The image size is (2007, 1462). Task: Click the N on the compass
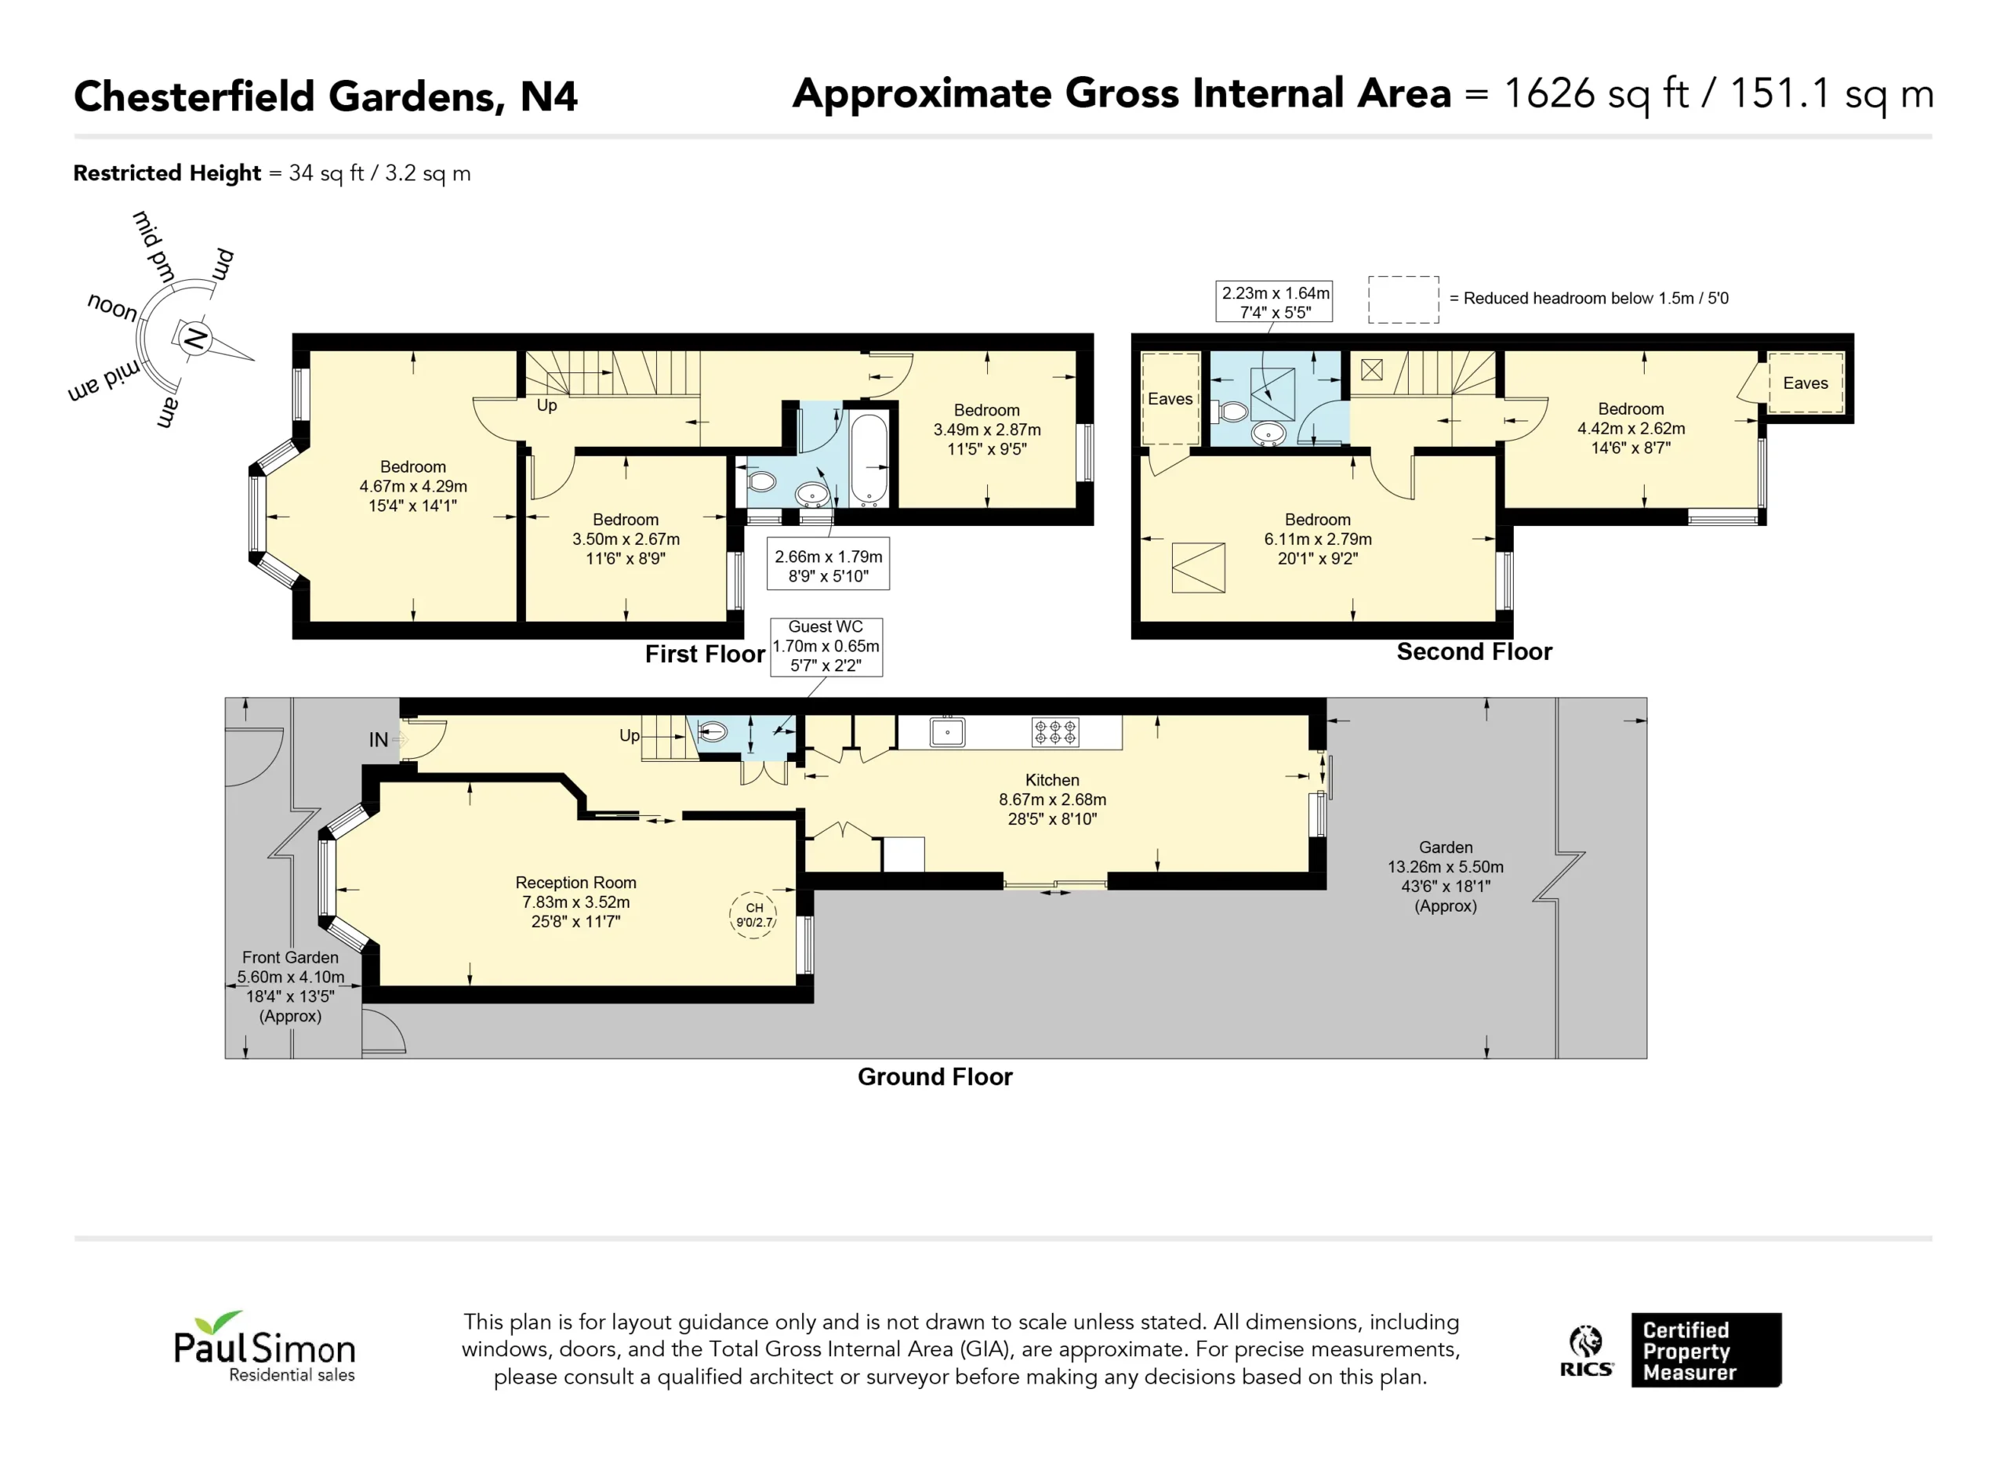point(194,338)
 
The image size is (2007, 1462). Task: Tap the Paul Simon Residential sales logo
point(264,1347)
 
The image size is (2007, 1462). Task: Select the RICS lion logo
point(1586,1351)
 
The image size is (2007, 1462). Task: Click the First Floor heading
point(704,654)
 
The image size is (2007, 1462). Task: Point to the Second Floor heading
point(1474,651)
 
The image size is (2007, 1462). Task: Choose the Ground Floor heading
point(935,1076)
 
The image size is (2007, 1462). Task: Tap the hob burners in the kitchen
point(1056,732)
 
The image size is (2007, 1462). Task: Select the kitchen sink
point(947,733)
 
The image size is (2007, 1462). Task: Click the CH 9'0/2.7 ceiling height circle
point(753,915)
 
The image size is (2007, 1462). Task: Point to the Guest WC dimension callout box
point(826,647)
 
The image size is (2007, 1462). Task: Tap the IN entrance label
point(378,740)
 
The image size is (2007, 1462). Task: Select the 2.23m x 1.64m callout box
point(1274,302)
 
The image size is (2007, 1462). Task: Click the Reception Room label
point(576,883)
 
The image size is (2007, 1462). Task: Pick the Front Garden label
point(290,958)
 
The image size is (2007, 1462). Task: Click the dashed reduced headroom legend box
point(1403,299)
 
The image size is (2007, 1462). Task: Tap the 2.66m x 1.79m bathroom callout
point(829,564)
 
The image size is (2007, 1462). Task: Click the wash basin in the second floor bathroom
point(1269,434)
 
